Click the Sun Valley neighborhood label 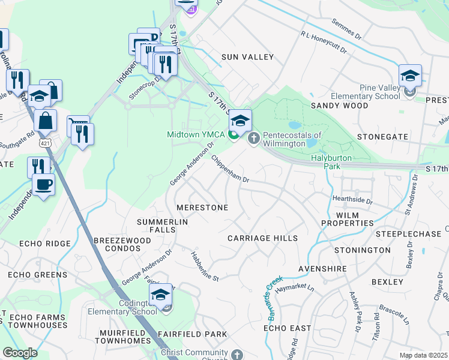247,57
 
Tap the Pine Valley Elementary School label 380,92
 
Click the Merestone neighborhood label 202,208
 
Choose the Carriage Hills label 262,238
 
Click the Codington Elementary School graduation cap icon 160,295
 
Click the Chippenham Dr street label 230,169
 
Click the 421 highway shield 44,142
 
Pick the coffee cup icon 44,184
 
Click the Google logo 20,353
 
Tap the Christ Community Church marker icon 238,355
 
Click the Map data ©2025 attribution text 423,355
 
